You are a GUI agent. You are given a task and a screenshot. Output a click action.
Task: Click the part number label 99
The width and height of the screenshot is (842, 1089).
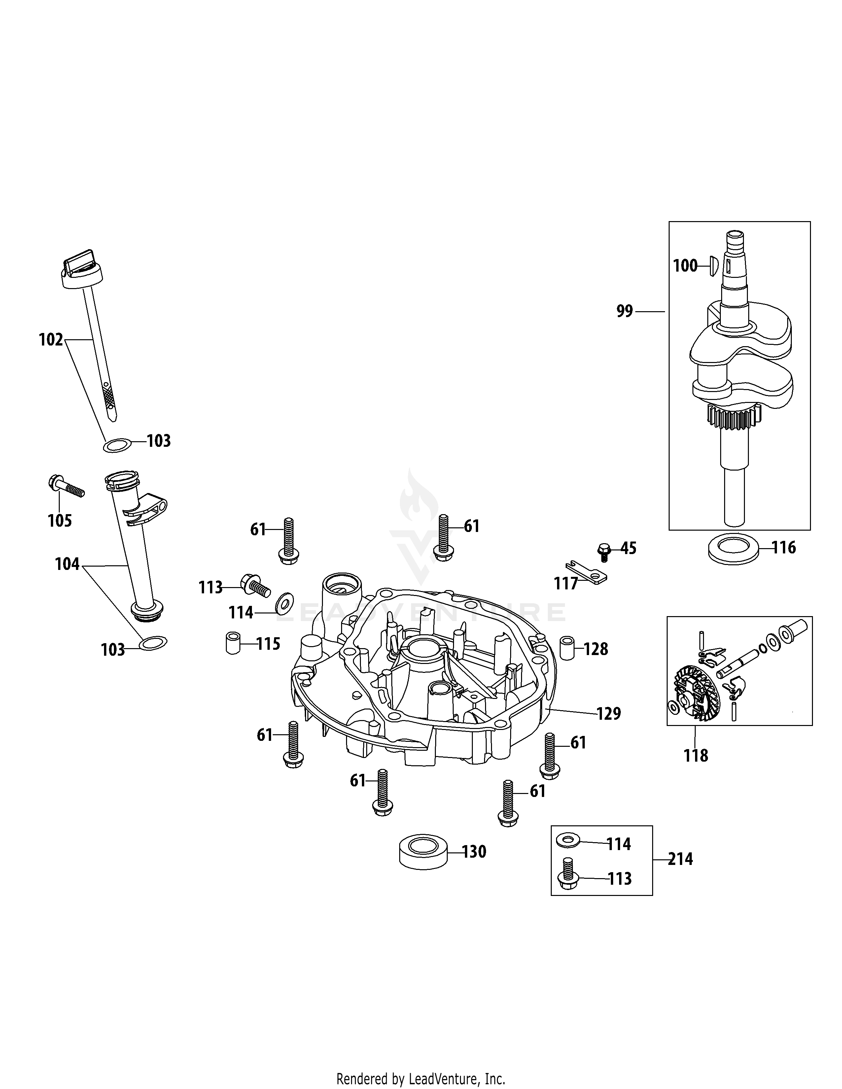pos(624,311)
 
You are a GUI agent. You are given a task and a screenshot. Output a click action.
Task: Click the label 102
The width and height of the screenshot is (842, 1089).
pos(51,340)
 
